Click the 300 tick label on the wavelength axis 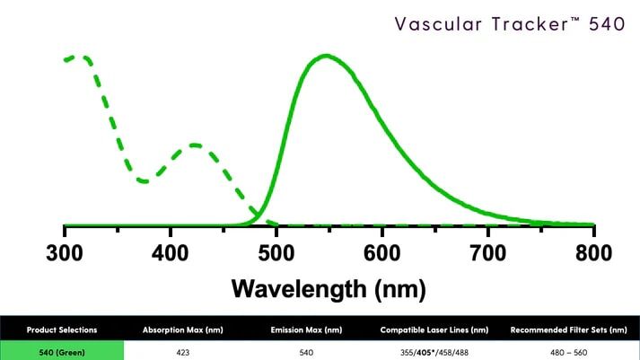pyautogui.click(x=65, y=252)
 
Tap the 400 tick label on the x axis pyautogui.click(x=171, y=252)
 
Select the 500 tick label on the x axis pyautogui.click(x=276, y=252)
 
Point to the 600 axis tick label pyautogui.click(x=382, y=252)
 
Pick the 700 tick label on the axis pyautogui.click(x=487, y=252)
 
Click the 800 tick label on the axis pyautogui.click(x=593, y=252)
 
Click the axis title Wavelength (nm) pyautogui.click(x=329, y=288)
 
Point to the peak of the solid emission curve pyautogui.click(x=325, y=57)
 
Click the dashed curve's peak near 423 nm pyautogui.click(x=195, y=145)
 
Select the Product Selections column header pyautogui.click(x=62, y=329)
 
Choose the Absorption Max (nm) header pyautogui.click(x=183, y=329)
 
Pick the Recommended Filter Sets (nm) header pyautogui.click(x=567, y=329)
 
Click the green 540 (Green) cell pyautogui.click(x=62, y=352)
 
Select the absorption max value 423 pyautogui.click(x=183, y=352)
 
